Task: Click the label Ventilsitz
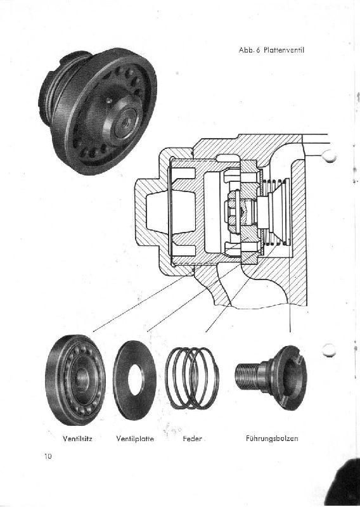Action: (x=77, y=439)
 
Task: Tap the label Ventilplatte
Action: (x=135, y=439)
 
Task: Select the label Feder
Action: (x=192, y=439)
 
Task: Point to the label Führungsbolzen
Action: (x=272, y=439)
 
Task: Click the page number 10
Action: (x=48, y=456)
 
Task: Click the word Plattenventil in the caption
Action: (x=284, y=50)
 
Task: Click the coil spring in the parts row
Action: (x=193, y=378)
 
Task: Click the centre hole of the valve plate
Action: (x=136, y=380)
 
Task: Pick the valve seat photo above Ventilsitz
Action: (x=75, y=380)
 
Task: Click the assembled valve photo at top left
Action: (x=98, y=111)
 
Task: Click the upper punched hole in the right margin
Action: (x=330, y=156)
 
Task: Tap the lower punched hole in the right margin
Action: (x=330, y=350)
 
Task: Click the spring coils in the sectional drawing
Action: (x=275, y=212)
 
